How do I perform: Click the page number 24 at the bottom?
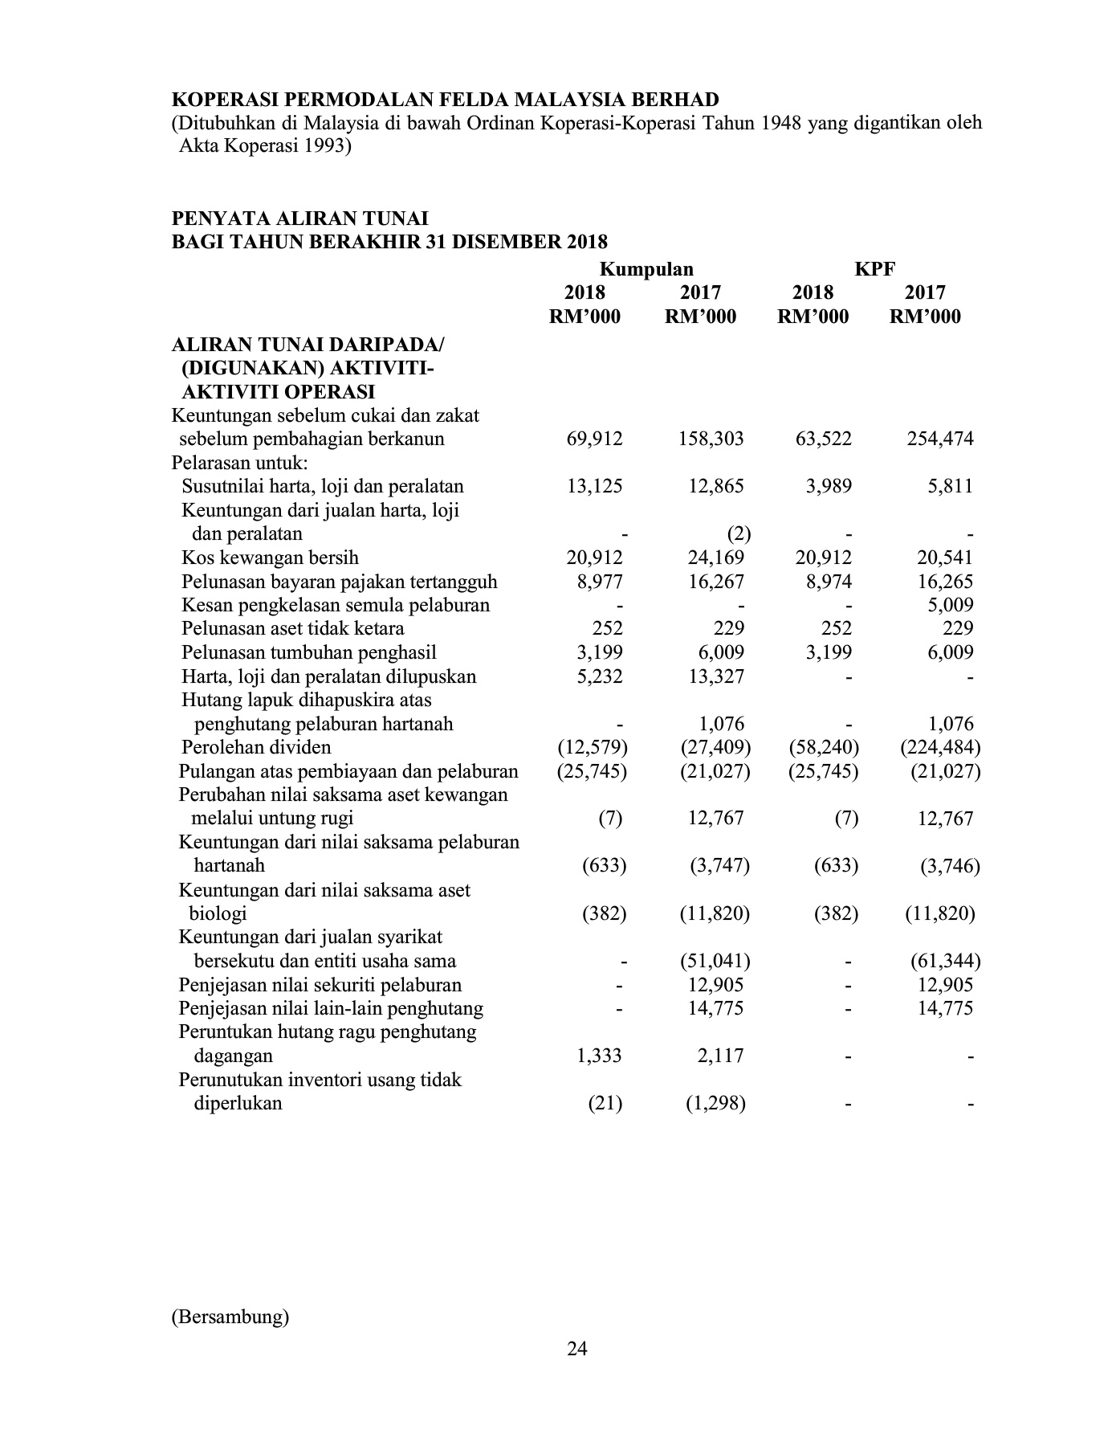click(576, 1349)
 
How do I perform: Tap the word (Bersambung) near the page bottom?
click(230, 1317)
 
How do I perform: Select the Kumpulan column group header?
click(647, 269)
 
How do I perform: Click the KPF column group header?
click(874, 269)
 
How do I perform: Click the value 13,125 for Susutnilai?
click(595, 486)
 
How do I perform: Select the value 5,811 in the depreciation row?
click(950, 486)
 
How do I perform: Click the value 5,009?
click(950, 605)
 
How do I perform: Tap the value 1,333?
click(600, 1056)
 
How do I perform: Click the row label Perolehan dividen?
click(256, 747)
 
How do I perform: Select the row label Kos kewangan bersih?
click(270, 558)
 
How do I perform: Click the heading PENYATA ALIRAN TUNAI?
click(300, 219)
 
